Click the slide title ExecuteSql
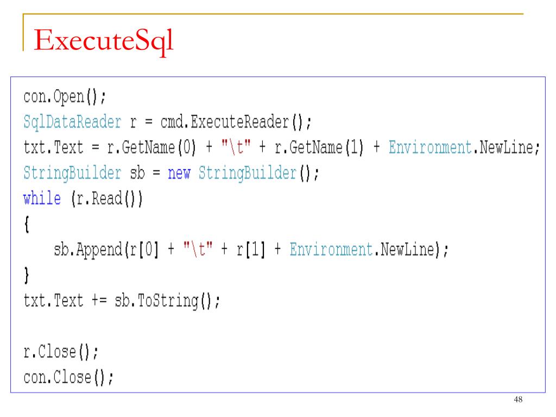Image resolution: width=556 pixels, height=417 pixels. pyautogui.click(x=103, y=42)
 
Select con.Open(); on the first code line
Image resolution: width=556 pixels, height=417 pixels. pyautogui.click(x=65, y=97)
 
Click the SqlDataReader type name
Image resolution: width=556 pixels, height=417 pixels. pyautogui.click(x=72, y=123)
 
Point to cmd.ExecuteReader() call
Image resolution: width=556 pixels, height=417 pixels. pyautogui.click(x=235, y=123)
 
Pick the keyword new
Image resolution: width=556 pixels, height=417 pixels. pyautogui.click(x=179, y=174)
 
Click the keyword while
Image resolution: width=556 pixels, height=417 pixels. pyautogui.click(x=42, y=199)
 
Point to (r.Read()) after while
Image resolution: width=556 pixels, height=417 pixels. pyautogui.click(x=106, y=199)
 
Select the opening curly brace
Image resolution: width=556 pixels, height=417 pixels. pyautogui.click(x=27, y=225)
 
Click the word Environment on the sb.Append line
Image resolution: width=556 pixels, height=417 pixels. pyautogui.click(x=330, y=250)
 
